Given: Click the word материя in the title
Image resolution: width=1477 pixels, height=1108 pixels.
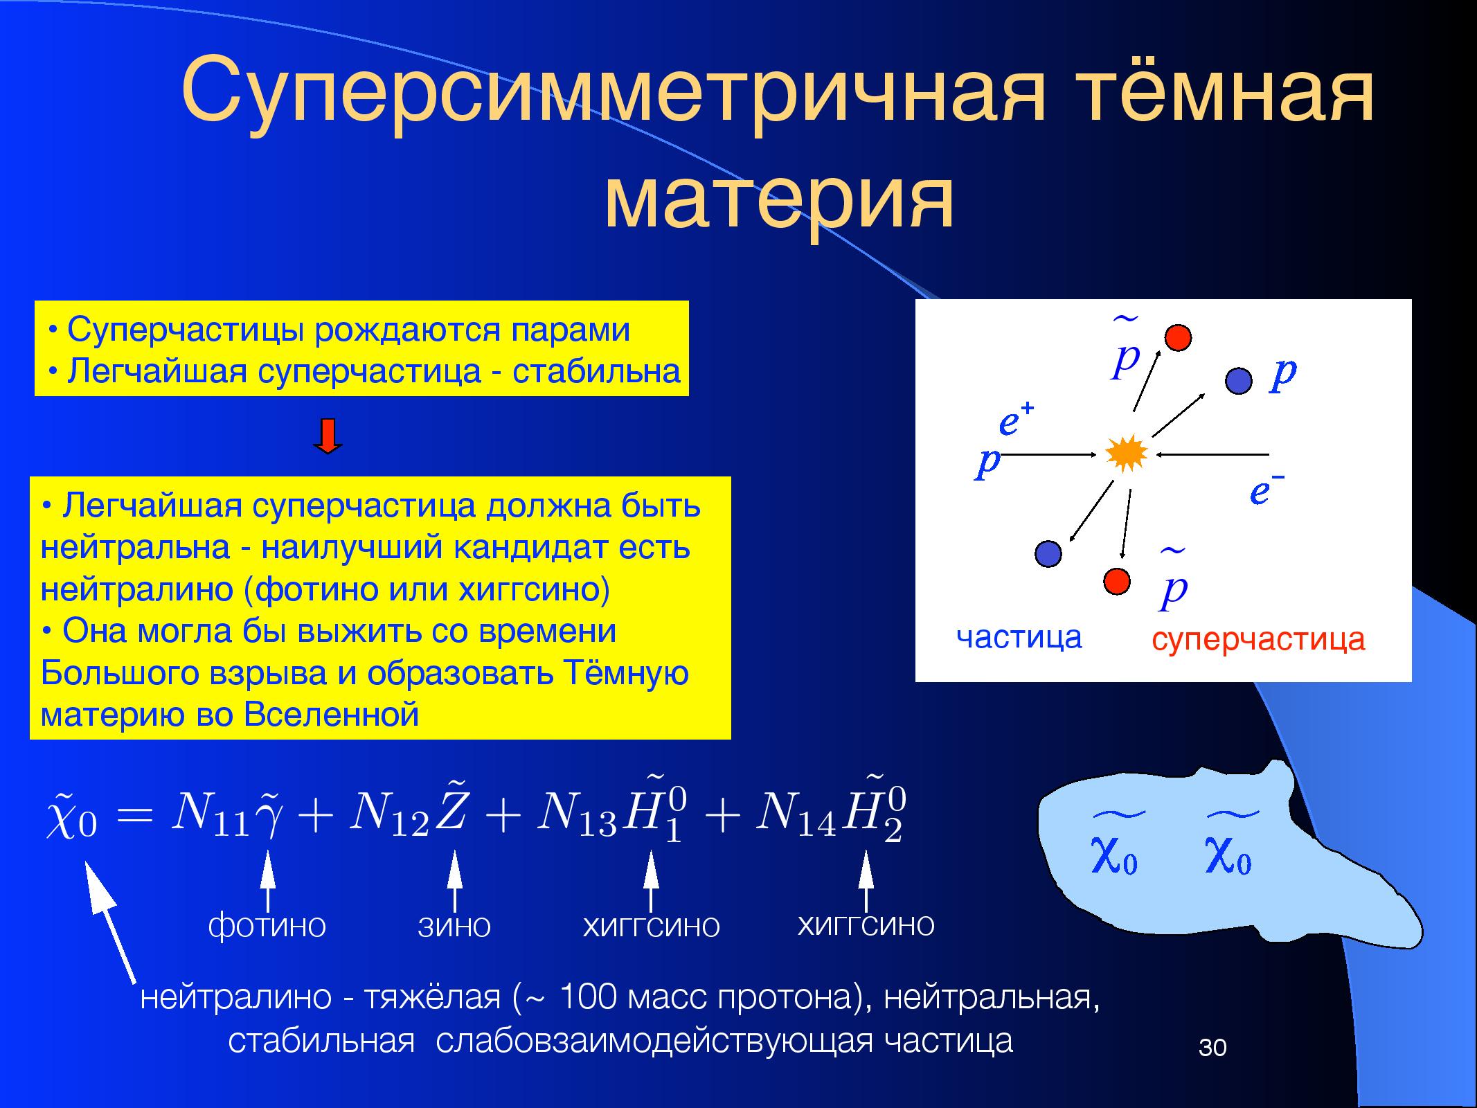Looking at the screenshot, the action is pyautogui.click(x=780, y=196).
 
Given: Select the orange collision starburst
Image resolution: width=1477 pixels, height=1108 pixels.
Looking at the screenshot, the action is pyautogui.click(x=1127, y=454).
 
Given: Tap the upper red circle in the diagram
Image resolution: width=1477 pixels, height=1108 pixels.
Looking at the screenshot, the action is pyautogui.click(x=1178, y=337).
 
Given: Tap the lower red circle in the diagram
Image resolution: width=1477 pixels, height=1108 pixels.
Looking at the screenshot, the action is pyautogui.click(x=1116, y=580).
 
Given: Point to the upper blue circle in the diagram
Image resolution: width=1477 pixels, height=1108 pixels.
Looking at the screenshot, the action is pyautogui.click(x=1239, y=380).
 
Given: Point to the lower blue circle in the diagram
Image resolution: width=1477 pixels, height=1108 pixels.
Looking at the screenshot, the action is pyautogui.click(x=1048, y=553).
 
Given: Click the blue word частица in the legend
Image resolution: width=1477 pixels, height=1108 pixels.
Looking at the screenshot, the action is pyautogui.click(x=1019, y=637).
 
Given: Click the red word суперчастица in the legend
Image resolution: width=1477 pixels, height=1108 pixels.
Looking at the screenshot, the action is pyautogui.click(x=1258, y=640).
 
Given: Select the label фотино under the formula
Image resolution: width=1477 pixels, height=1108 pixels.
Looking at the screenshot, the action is pyautogui.click(x=267, y=926).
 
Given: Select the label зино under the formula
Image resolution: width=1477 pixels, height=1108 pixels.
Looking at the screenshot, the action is pyautogui.click(x=454, y=926).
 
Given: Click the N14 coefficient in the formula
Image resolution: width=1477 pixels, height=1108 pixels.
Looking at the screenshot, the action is pyautogui.click(x=796, y=816).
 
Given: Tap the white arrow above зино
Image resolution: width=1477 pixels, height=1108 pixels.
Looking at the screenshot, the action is pyautogui.click(x=454, y=882).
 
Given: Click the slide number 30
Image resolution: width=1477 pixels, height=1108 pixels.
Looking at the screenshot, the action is pyautogui.click(x=1212, y=1048).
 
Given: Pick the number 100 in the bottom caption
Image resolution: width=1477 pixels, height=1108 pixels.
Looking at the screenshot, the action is pyautogui.click(x=587, y=998).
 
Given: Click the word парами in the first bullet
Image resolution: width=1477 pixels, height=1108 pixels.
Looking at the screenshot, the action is pyautogui.click(x=571, y=331).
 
